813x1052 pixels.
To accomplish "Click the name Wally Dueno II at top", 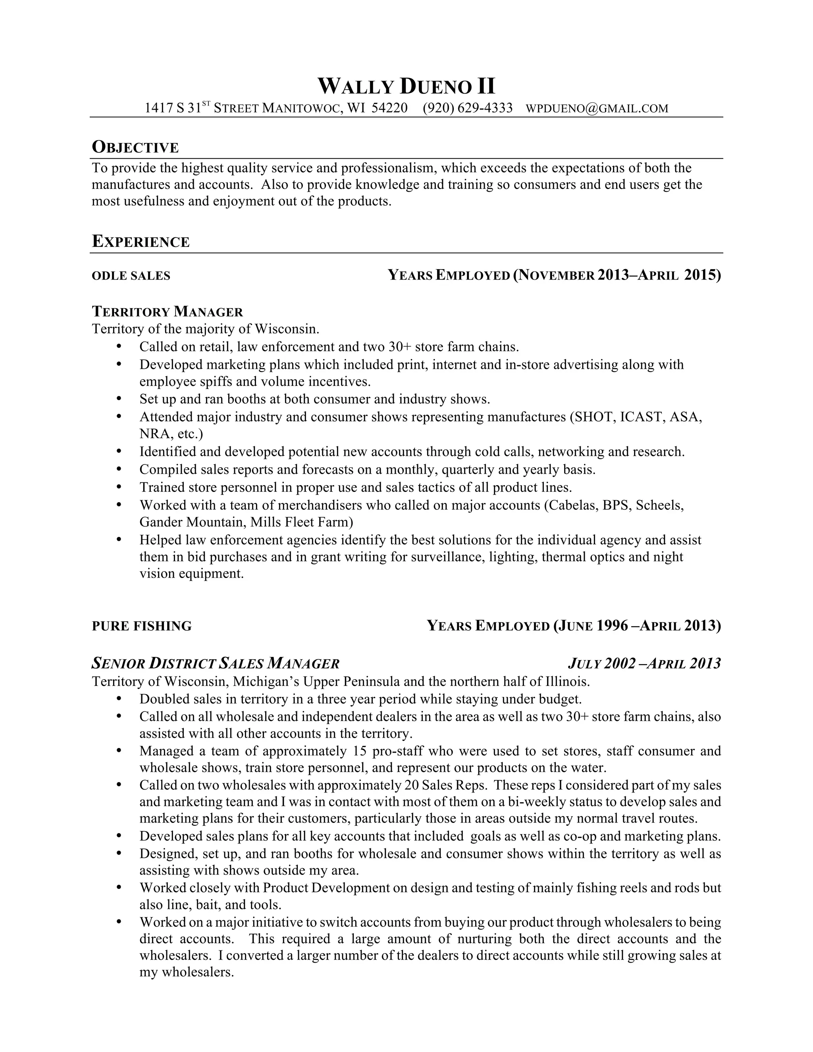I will pyautogui.click(x=406, y=87).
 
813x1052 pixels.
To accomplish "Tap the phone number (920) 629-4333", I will pyautogui.click(x=467, y=108).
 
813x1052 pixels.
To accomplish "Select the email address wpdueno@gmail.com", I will pyautogui.click(x=597, y=108).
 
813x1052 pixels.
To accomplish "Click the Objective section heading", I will pyautogui.click(x=135, y=147).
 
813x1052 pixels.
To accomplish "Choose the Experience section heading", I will pyautogui.click(x=141, y=241).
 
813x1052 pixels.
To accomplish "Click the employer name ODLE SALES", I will pyautogui.click(x=131, y=276).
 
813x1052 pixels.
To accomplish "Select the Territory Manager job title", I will pyautogui.click(x=167, y=312).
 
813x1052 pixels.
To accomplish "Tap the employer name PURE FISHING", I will pyautogui.click(x=142, y=626).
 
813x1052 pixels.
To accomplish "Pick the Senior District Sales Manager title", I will pyautogui.click(x=215, y=664).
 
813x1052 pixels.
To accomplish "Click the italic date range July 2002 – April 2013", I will pyautogui.click(x=644, y=664).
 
